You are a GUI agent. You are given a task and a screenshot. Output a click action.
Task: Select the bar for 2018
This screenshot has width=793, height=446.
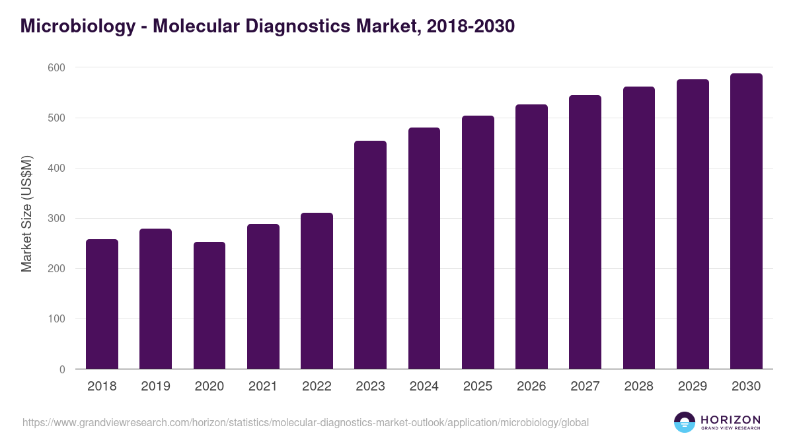tap(102, 304)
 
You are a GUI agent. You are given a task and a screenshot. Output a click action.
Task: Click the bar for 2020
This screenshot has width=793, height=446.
tap(209, 305)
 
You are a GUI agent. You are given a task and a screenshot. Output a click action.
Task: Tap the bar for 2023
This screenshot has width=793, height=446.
tap(370, 255)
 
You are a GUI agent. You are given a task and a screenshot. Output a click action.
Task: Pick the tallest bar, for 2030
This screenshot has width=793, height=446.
tap(746, 221)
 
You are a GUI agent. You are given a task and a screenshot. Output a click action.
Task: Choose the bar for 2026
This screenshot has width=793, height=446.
tap(531, 237)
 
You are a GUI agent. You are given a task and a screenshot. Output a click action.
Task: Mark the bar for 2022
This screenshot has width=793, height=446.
tap(317, 291)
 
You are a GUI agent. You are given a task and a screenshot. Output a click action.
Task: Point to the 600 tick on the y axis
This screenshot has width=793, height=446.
tap(56, 67)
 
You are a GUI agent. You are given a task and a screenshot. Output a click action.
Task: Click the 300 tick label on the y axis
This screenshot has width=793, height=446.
tap(56, 219)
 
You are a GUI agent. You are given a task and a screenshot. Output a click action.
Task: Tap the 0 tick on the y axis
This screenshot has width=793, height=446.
tap(62, 369)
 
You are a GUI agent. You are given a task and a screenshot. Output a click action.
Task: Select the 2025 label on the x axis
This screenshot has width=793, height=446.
tap(478, 387)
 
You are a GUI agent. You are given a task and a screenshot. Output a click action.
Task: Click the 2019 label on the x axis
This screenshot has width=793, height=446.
tap(155, 387)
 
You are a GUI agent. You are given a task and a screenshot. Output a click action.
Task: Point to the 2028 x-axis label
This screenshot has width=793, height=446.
tap(639, 387)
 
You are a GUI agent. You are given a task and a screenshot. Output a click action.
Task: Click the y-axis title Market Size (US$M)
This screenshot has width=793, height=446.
tap(26, 213)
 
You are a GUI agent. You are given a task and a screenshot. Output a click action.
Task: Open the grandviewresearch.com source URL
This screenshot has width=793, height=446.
tap(305, 422)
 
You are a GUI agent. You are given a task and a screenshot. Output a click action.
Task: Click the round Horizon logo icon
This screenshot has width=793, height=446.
tap(685, 422)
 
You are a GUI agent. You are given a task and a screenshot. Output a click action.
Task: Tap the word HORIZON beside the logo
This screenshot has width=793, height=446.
tap(730, 419)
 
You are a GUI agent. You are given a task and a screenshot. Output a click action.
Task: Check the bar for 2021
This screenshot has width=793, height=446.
tap(263, 297)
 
